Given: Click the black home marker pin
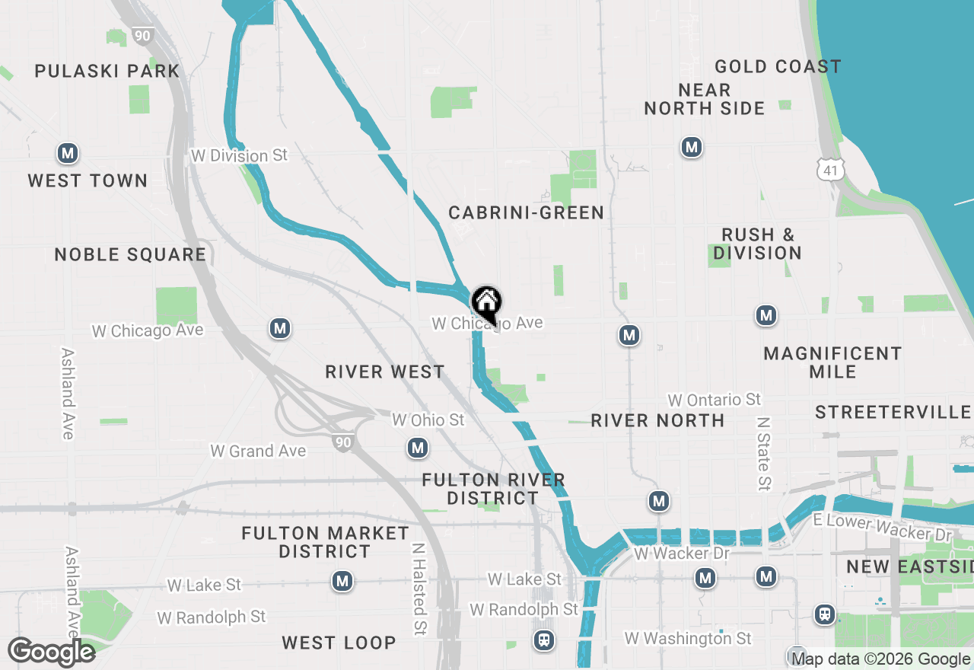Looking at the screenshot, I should point(486,304).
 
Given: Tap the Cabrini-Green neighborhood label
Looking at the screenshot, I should point(526,212).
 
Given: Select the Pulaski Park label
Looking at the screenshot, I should point(107,72).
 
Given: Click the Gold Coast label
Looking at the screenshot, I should point(778,67).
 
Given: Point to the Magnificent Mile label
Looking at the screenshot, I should point(832,362).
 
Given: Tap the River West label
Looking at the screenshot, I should point(385,372).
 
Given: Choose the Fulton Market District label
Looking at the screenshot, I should point(325,542).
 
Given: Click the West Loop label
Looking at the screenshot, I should point(339,643).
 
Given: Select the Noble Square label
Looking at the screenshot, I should point(130,254).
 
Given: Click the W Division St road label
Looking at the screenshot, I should point(240,155).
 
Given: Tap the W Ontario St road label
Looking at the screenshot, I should point(714,400).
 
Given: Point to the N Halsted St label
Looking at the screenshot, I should point(419,589).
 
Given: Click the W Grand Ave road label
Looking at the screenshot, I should point(258,451).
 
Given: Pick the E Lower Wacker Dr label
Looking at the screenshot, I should point(882,526).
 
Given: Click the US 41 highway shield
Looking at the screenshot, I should point(829,170).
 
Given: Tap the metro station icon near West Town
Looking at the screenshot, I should point(68,154).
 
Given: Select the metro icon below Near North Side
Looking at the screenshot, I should point(691,147).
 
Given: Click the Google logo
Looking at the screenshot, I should point(51,652).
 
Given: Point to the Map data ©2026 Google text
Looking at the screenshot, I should point(880,659).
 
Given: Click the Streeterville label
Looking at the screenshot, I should point(893,412).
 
